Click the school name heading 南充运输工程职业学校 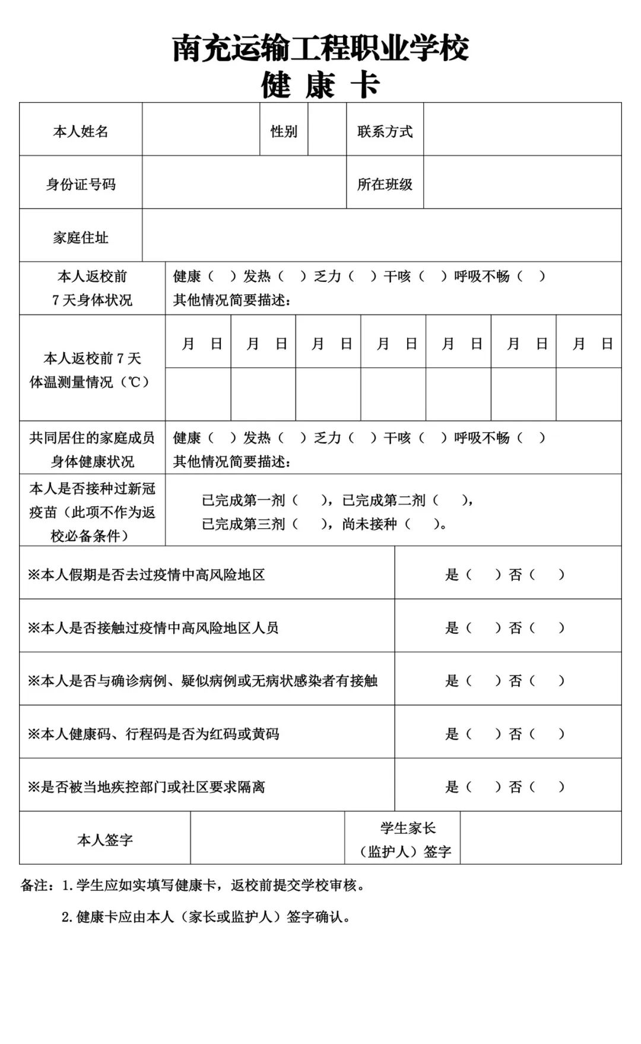(320, 48)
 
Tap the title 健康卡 (320, 85)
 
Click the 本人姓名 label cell (81, 131)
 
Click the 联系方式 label (385, 131)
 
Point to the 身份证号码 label (81, 184)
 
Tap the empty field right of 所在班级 (522, 183)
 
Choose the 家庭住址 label (81, 237)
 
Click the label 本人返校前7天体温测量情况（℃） (92, 370)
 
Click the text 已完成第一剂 (243, 500)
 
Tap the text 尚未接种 (369, 524)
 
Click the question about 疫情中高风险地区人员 (153, 627)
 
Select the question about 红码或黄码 (153, 734)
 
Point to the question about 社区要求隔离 (146, 787)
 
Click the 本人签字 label (105, 840)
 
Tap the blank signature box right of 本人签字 (267, 838)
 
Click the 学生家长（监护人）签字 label (407, 840)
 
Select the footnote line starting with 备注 (193, 885)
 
